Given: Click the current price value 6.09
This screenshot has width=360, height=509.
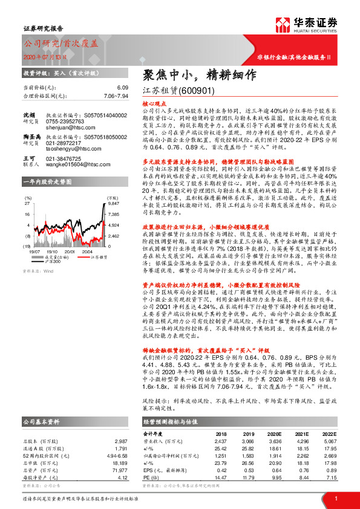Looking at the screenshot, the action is tap(123, 88).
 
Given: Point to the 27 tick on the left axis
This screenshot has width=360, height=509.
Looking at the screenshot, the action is tap(27, 204).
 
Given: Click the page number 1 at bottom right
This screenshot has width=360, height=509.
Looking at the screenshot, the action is tap(336, 498).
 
